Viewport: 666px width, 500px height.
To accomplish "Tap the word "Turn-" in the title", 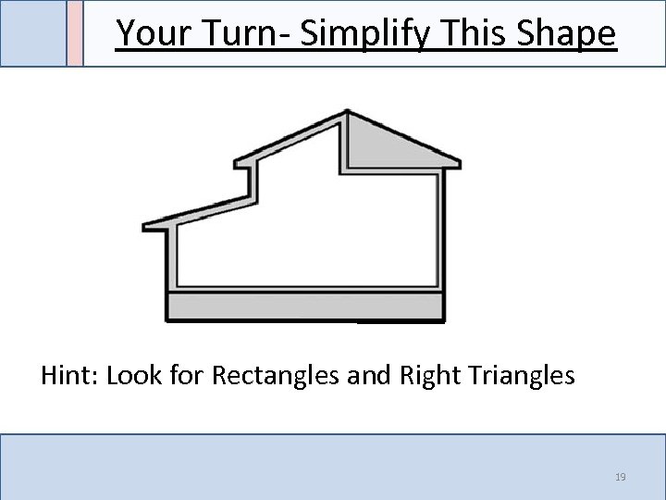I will (x=236, y=33).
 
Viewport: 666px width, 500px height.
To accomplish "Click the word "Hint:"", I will (x=70, y=376).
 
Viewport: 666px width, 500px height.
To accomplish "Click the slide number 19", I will (x=621, y=477).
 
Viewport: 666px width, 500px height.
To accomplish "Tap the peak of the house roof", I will (x=346, y=111).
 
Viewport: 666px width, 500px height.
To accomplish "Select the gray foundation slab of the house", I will (x=304, y=305).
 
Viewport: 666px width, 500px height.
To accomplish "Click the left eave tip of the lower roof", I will (x=144, y=226).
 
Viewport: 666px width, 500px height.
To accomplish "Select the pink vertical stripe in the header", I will (x=75, y=33).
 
